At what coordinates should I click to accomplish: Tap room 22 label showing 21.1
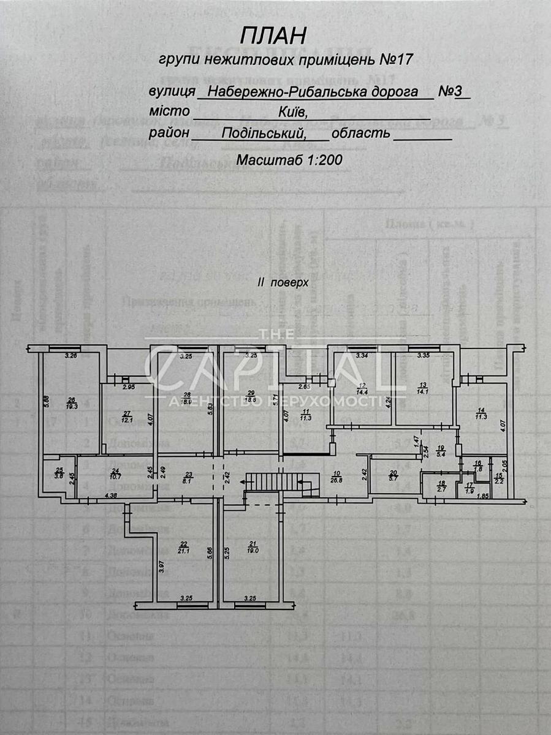(x=183, y=547)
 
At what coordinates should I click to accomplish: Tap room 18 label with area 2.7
(x=441, y=486)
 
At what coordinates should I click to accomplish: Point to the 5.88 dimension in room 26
(x=46, y=402)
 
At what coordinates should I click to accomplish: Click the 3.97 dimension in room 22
(x=161, y=567)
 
